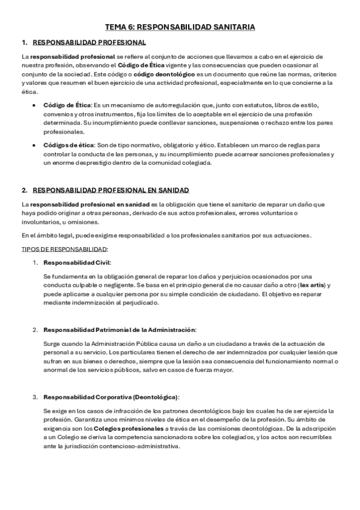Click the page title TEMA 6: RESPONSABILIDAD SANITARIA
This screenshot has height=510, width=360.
(180, 27)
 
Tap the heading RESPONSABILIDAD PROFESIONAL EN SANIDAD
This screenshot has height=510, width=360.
(111, 190)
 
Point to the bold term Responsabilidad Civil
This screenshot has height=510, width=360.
(77, 262)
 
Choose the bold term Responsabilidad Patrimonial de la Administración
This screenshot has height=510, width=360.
(120, 330)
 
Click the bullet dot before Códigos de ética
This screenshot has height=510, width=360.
(33, 146)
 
